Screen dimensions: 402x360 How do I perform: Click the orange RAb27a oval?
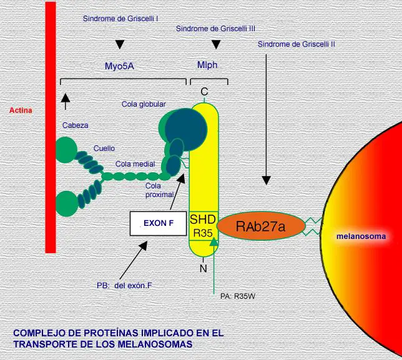point(261,225)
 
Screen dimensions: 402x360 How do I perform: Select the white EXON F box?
point(158,223)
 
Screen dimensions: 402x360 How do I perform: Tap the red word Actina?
point(21,110)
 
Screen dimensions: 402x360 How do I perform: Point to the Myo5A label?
point(119,66)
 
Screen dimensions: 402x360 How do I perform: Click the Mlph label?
point(207,65)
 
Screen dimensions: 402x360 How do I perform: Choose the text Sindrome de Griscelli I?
point(120,19)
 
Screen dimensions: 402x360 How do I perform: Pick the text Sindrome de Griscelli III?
point(215,29)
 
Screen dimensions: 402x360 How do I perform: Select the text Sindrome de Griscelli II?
point(297,44)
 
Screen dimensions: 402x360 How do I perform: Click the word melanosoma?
point(361,236)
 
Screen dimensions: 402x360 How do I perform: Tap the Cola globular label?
point(144,104)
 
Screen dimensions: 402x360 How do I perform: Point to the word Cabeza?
point(76,125)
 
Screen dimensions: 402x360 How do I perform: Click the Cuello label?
point(104,148)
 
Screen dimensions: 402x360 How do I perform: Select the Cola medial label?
point(135,164)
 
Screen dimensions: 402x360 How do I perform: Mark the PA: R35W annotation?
point(238,296)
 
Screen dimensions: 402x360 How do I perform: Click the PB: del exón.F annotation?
point(124,285)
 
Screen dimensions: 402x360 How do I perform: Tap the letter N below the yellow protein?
point(203,268)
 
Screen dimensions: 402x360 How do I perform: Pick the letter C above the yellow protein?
point(204,92)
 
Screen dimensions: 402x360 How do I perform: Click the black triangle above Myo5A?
point(120,44)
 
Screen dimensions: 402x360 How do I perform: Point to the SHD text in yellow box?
point(203,220)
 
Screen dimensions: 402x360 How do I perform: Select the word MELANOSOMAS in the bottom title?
point(155,344)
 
